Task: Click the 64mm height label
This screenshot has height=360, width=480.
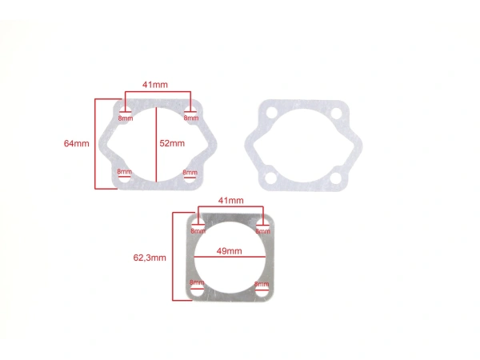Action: click(76, 143)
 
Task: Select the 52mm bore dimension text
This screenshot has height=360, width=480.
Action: click(172, 144)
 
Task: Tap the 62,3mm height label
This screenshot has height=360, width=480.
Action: click(150, 258)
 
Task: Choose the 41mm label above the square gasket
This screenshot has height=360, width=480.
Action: click(230, 199)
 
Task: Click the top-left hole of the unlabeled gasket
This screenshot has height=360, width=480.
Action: click(272, 114)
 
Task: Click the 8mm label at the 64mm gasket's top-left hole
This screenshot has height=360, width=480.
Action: click(125, 118)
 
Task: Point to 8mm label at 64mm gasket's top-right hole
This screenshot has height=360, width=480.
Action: click(190, 118)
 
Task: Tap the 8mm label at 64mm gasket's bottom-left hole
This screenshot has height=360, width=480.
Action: click(124, 172)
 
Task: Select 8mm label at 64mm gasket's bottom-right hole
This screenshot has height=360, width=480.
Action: click(190, 172)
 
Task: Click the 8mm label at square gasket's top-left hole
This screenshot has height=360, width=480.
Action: click(197, 230)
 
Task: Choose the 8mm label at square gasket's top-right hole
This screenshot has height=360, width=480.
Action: click(262, 230)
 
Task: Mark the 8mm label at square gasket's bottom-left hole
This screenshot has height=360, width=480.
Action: click(196, 284)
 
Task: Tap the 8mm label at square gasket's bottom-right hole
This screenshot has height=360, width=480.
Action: click(262, 284)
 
